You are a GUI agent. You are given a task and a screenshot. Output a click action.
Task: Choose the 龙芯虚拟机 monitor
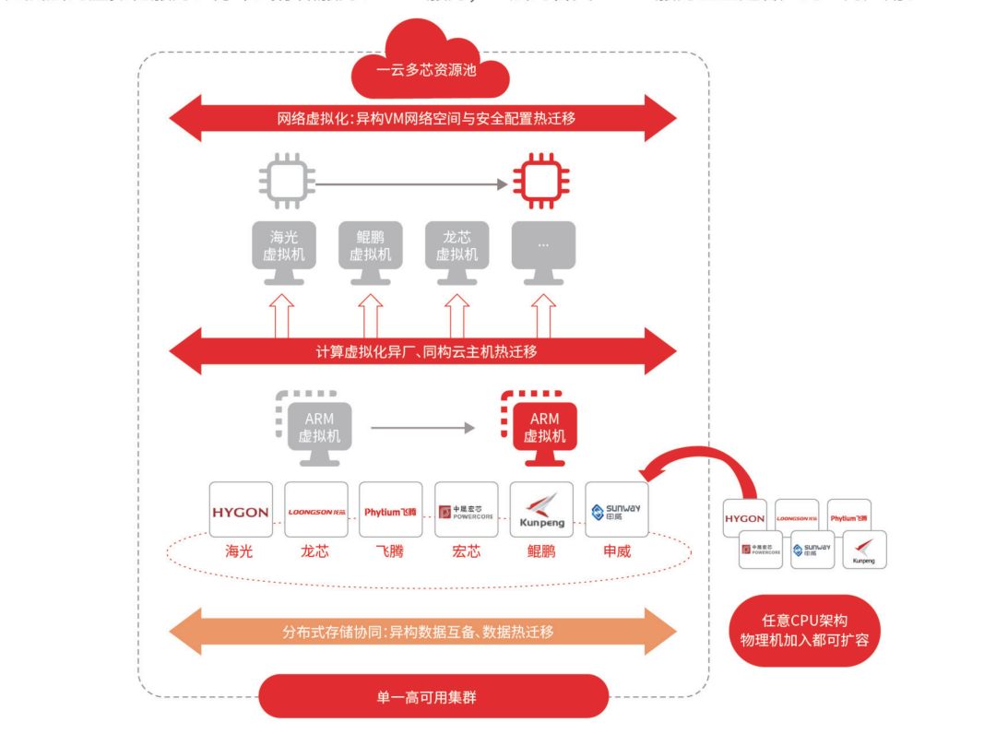click(456, 249)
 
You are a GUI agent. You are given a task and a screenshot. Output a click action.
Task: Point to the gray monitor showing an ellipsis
click(543, 249)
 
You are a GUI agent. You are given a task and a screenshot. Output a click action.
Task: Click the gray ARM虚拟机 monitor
click(318, 430)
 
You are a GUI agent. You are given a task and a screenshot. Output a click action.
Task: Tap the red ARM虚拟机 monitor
click(544, 430)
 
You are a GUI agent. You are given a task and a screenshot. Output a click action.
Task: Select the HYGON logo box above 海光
click(241, 510)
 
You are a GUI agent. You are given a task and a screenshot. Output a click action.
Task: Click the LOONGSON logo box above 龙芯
click(316, 510)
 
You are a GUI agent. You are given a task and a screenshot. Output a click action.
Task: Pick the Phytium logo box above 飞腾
click(391, 510)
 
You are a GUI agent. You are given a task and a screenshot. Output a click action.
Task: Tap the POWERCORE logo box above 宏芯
click(467, 510)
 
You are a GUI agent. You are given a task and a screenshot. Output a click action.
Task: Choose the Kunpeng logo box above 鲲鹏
click(541, 510)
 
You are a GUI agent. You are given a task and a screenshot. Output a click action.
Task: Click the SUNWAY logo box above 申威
click(617, 510)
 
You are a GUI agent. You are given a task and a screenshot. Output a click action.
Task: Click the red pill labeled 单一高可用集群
click(433, 696)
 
